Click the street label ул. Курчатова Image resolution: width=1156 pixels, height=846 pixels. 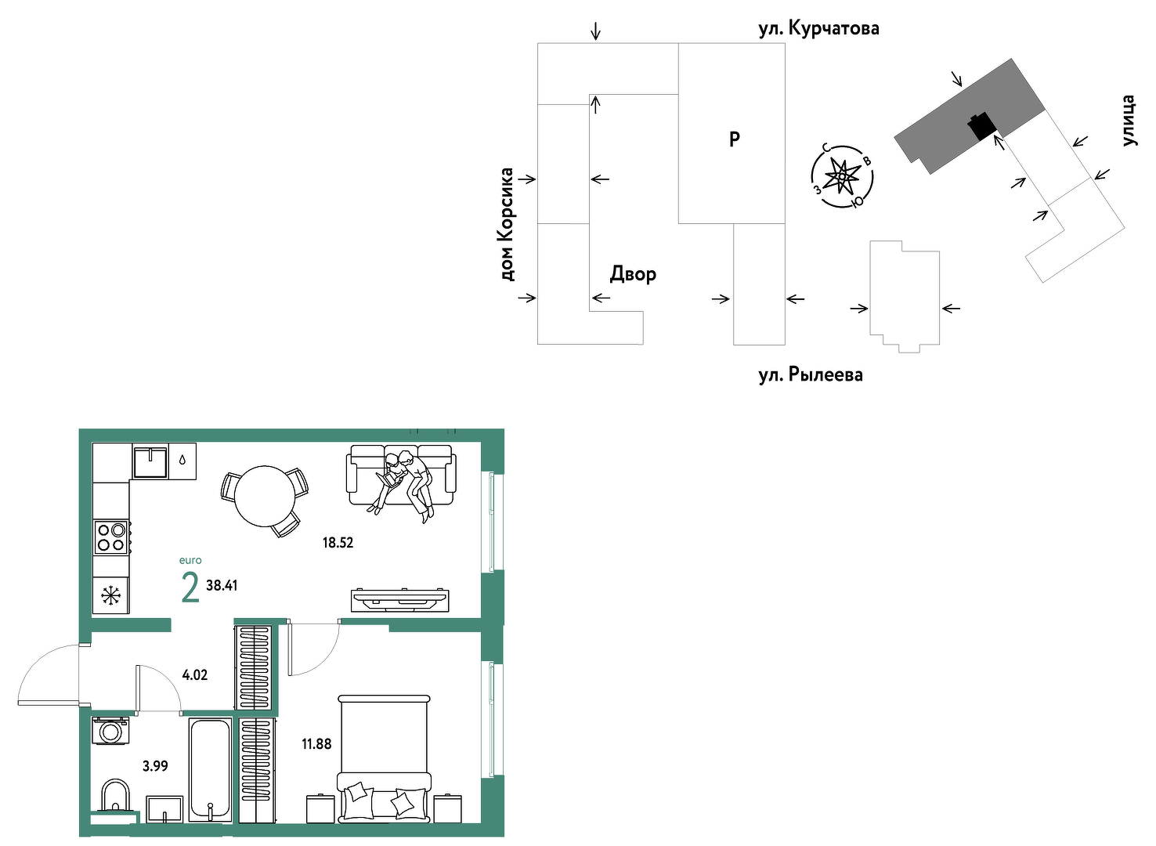(x=819, y=28)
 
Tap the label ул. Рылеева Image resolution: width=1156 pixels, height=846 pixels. (x=811, y=375)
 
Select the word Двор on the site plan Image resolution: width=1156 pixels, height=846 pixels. (x=634, y=273)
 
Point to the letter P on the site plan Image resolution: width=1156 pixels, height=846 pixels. (x=735, y=139)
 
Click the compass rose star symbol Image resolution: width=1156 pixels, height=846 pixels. (x=842, y=176)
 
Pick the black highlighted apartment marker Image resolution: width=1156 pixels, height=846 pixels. (x=981, y=125)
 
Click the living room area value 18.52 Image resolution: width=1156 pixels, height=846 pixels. (x=338, y=543)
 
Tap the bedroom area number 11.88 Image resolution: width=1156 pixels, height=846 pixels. (x=317, y=744)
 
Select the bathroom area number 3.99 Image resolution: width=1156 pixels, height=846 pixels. (x=155, y=765)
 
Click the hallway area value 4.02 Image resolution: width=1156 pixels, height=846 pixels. (x=195, y=675)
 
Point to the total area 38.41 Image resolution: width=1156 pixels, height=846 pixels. (x=222, y=585)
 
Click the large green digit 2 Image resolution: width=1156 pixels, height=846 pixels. (x=190, y=588)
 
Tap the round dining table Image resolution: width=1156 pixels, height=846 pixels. (x=265, y=496)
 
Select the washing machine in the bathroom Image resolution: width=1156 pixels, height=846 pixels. (x=110, y=730)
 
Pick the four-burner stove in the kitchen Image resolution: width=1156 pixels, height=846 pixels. (x=111, y=537)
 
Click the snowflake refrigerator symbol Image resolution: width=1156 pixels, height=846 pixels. (x=110, y=596)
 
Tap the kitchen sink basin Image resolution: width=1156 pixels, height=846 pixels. (x=150, y=462)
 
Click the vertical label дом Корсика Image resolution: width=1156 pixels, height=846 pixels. (x=508, y=225)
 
